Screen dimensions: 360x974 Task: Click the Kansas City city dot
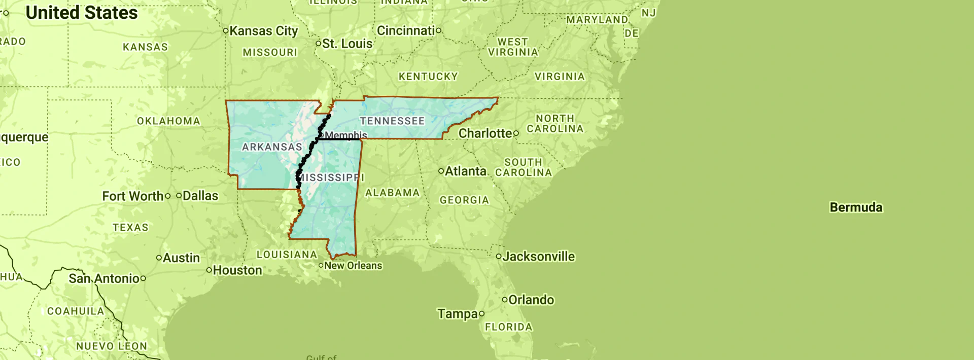(x=226, y=31)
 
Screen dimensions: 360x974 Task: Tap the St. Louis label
(x=347, y=44)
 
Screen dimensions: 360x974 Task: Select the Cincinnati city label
(x=406, y=31)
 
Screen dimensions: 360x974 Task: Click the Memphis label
(x=345, y=135)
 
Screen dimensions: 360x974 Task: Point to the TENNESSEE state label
(x=392, y=121)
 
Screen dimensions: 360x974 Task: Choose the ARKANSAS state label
(x=272, y=147)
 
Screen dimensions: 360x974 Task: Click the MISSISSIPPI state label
(x=331, y=177)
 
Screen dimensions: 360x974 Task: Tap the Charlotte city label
(x=485, y=133)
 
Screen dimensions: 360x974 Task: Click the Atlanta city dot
(x=441, y=171)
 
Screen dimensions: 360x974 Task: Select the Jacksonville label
(x=538, y=257)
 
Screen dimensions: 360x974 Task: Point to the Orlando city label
(x=531, y=300)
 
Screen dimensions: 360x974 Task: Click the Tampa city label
(x=458, y=314)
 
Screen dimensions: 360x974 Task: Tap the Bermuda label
(x=856, y=207)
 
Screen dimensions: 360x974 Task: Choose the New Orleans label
(x=353, y=266)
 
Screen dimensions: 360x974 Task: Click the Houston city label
(x=237, y=270)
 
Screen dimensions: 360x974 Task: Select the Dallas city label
(x=200, y=196)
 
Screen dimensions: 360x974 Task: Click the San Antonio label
(x=104, y=278)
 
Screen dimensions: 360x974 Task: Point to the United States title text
(x=82, y=13)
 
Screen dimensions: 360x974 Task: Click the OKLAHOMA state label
(x=168, y=121)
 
